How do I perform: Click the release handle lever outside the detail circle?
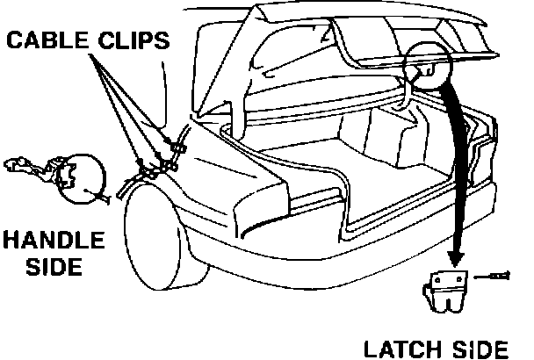pyautogui.click(x=26, y=167)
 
